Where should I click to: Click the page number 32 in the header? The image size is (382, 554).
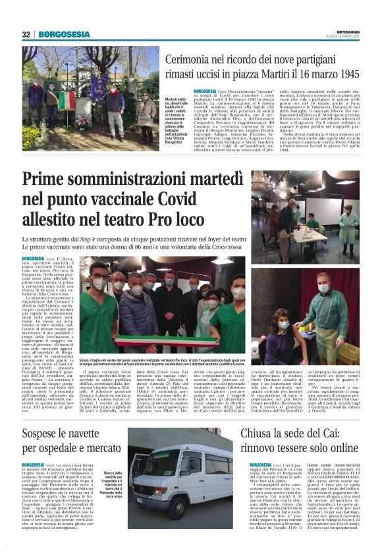pyautogui.click(x=26, y=34)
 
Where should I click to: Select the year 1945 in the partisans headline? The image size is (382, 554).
pyautogui.click(x=344, y=74)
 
